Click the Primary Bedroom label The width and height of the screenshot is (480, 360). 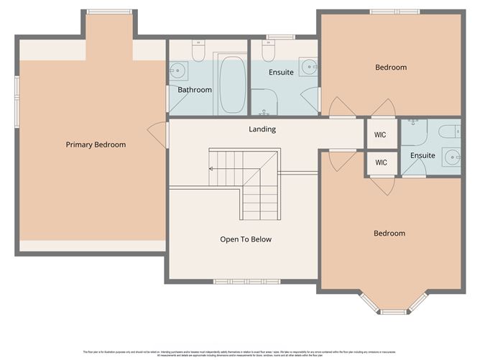pyautogui.click(x=96, y=145)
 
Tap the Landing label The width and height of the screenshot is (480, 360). pyautogui.click(x=262, y=129)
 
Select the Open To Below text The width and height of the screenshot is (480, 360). pyautogui.click(x=246, y=239)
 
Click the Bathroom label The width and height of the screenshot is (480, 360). pyautogui.click(x=195, y=90)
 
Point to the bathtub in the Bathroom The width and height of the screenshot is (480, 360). pyautogui.click(x=232, y=86)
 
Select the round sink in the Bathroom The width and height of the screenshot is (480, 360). pyautogui.click(x=178, y=70)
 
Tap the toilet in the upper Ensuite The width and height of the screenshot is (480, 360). pyautogui.click(x=268, y=52)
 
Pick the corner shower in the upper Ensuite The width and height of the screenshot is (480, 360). pyautogui.click(x=263, y=102)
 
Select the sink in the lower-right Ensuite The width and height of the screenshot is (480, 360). pyautogui.click(x=452, y=156)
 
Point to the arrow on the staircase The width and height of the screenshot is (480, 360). pyautogui.click(x=213, y=168)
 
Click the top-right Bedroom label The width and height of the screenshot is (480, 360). pyautogui.click(x=391, y=68)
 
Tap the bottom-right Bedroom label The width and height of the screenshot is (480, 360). pyautogui.click(x=389, y=234)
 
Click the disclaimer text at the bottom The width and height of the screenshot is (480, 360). pyautogui.click(x=240, y=353)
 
